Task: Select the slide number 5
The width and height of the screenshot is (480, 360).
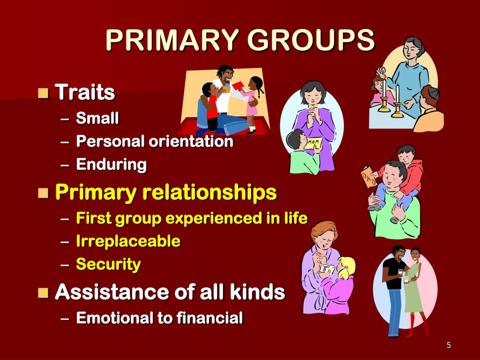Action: pos(449,345)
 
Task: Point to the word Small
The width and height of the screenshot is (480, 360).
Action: pos(97,118)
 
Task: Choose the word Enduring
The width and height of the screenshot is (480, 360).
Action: pos(111,165)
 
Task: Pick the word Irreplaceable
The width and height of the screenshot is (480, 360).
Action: pos(128,241)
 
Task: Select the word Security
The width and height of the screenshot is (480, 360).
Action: pos(108,264)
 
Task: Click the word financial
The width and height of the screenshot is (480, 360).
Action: pos(210,318)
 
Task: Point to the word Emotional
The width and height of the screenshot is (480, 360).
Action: pos(114,318)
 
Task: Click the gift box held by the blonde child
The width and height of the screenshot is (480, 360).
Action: pos(327,270)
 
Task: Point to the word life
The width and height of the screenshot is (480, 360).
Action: pos(296,218)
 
